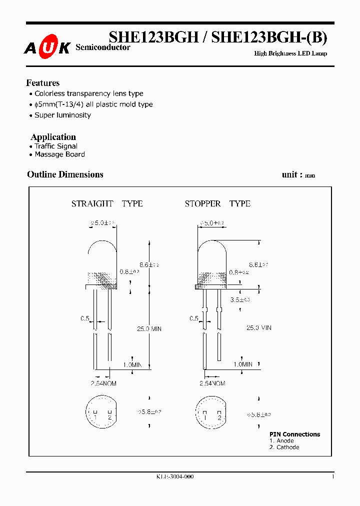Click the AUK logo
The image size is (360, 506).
click(x=47, y=47)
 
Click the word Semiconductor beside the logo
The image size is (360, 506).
click(x=102, y=47)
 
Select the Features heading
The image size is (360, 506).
click(x=43, y=83)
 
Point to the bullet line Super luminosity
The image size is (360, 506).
click(x=62, y=115)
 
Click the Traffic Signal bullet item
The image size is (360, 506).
click(x=56, y=146)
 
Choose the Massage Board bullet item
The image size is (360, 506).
click(x=59, y=154)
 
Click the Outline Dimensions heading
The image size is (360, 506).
click(x=65, y=174)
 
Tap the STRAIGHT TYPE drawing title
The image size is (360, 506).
click(x=107, y=203)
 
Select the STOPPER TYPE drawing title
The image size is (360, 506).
click(x=217, y=203)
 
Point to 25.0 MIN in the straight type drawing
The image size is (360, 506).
click(x=149, y=328)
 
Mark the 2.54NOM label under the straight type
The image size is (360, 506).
click(x=104, y=383)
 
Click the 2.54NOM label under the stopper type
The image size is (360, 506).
click(x=212, y=383)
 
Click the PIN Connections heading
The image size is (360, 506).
click(x=294, y=434)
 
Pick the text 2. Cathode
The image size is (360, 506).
click(x=284, y=447)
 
